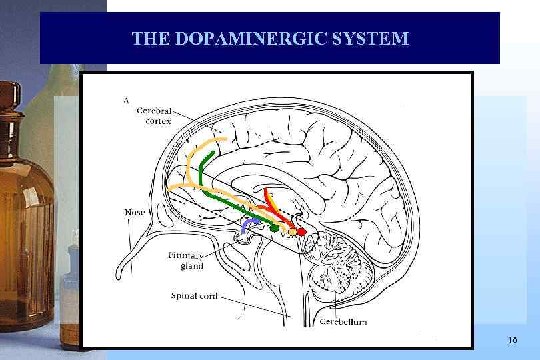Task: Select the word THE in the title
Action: [x=151, y=39]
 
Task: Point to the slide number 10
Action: [x=511, y=341]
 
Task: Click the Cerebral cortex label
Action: [x=155, y=115]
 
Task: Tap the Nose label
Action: [x=135, y=212]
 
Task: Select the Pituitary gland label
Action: [x=186, y=261]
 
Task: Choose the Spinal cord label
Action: [x=194, y=295]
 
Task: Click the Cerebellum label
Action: [x=343, y=322]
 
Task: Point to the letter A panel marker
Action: [x=126, y=100]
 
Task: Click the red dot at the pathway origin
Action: [x=301, y=231]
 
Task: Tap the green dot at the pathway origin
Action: [x=274, y=228]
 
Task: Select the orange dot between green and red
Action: [x=292, y=232]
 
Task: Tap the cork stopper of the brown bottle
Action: [x=9, y=93]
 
